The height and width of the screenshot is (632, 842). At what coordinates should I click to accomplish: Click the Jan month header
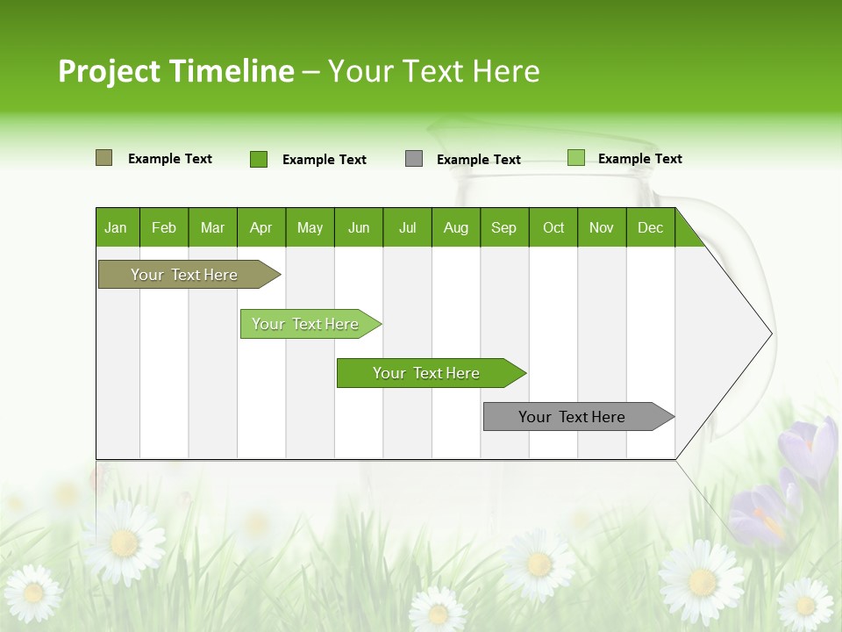coord(117,227)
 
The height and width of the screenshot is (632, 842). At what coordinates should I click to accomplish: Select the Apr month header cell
coord(261,227)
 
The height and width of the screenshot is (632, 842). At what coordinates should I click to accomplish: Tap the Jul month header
coord(407,227)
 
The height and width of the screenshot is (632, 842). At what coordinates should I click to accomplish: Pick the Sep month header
coord(504,227)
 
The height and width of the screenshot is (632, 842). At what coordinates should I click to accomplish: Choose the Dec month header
coord(650,227)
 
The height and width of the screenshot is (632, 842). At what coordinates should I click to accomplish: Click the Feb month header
coord(164,227)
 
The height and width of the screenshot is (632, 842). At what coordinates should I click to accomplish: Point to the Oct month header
coord(553,227)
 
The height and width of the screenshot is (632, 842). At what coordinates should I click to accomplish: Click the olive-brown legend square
coord(103,158)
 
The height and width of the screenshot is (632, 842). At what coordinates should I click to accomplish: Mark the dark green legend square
coord(259,159)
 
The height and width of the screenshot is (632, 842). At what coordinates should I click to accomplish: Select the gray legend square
coord(414,159)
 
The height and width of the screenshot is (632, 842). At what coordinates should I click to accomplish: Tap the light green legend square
coord(575,158)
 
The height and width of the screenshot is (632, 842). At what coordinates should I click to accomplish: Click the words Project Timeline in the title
coord(176,71)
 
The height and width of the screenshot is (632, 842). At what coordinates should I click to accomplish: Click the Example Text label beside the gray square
coord(478,160)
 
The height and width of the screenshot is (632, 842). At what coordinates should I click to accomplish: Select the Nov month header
coord(602,227)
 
